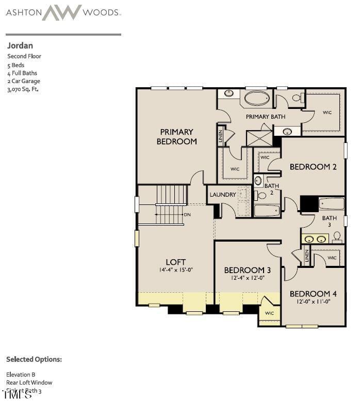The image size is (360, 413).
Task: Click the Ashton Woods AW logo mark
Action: click(x=62, y=12)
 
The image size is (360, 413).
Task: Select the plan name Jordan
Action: click(x=20, y=45)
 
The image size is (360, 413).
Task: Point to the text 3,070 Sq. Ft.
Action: click(x=23, y=89)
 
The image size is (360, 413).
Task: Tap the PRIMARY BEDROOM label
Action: click(x=176, y=137)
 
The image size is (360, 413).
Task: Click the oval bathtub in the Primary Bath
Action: click(x=256, y=98)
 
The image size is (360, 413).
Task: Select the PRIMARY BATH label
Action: click(x=265, y=117)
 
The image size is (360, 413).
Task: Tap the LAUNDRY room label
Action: click(x=223, y=195)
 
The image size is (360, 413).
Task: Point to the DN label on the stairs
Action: click(x=187, y=214)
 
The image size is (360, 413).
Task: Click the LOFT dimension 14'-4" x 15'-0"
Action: click(x=176, y=270)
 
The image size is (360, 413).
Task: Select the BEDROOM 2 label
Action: click(x=313, y=167)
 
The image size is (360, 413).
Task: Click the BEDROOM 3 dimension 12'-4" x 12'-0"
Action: click(x=248, y=278)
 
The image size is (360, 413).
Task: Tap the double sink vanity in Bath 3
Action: click(x=315, y=239)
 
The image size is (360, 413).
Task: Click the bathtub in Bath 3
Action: click(x=331, y=204)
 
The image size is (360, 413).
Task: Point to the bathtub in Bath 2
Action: click(x=267, y=210)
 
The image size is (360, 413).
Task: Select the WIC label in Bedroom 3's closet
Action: click(x=269, y=313)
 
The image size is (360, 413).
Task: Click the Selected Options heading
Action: click(x=34, y=359)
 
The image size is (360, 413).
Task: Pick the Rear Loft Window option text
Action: click(x=29, y=383)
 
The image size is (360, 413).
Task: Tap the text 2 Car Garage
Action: click(x=24, y=81)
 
